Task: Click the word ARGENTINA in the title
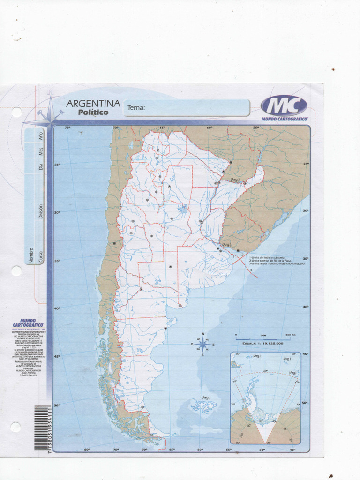tap(93, 104)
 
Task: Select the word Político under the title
tap(93, 112)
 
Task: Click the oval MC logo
tap(284, 105)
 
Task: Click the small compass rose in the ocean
tap(202, 345)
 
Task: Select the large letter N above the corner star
tap(50, 91)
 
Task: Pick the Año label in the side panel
tap(41, 136)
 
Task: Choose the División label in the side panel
tap(41, 211)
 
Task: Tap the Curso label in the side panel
tap(41, 256)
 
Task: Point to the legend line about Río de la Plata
tap(270, 260)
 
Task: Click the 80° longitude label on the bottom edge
tap(87, 450)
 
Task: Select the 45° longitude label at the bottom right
tap(292, 450)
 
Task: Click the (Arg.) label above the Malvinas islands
tap(206, 397)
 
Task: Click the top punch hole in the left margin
tap(16, 112)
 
